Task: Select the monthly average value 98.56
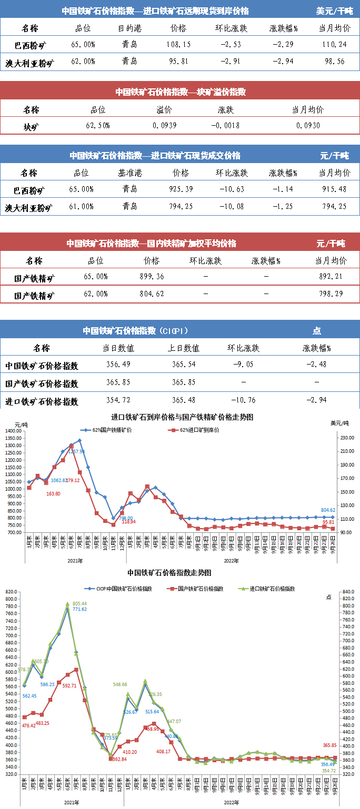(334, 61)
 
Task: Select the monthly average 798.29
(331, 295)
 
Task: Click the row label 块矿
(31, 126)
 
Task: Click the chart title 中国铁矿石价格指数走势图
(169, 572)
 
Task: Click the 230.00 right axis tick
(345, 438)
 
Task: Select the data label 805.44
(80, 603)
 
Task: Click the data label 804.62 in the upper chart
(328, 510)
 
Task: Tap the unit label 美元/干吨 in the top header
(335, 11)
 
